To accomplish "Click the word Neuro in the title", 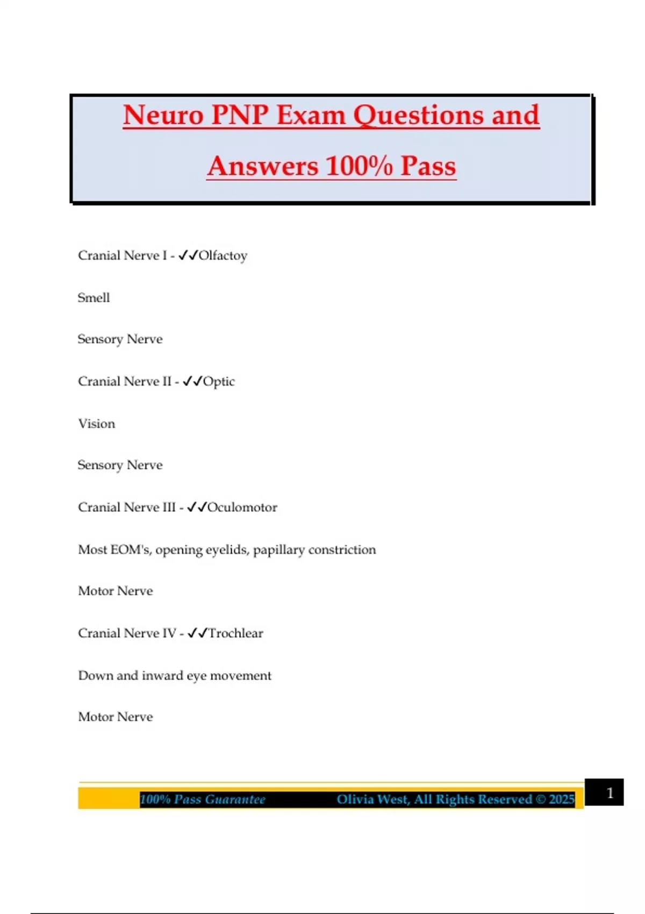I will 163,116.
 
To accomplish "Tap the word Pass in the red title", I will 428,166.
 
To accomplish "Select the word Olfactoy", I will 223,255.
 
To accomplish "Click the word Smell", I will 94,298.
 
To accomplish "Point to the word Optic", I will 219,382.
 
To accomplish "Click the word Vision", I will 96,424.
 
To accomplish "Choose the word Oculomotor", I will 242,508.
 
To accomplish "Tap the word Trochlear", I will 235,633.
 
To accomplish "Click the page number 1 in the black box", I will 610,793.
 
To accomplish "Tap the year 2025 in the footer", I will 562,799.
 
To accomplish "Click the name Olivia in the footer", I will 356,799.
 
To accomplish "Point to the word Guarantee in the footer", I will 235,799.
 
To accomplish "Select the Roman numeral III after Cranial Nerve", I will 168,508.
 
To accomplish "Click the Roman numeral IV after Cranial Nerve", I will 169,633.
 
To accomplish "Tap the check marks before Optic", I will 192,382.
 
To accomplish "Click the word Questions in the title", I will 419,116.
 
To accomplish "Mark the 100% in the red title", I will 359,166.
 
